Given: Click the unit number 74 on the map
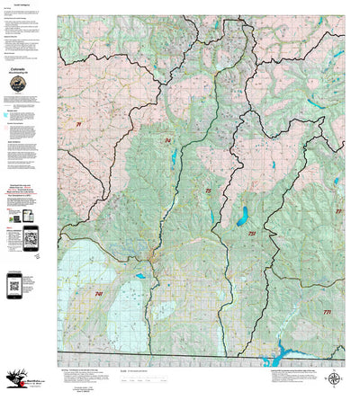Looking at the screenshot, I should point(167,140).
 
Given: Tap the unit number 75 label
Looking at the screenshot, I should point(208,191).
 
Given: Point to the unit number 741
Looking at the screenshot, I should point(98,294).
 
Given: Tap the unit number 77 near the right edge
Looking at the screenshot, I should point(338,211).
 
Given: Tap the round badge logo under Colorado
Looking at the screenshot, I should point(18,84).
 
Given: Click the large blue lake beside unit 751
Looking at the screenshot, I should point(241,217).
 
